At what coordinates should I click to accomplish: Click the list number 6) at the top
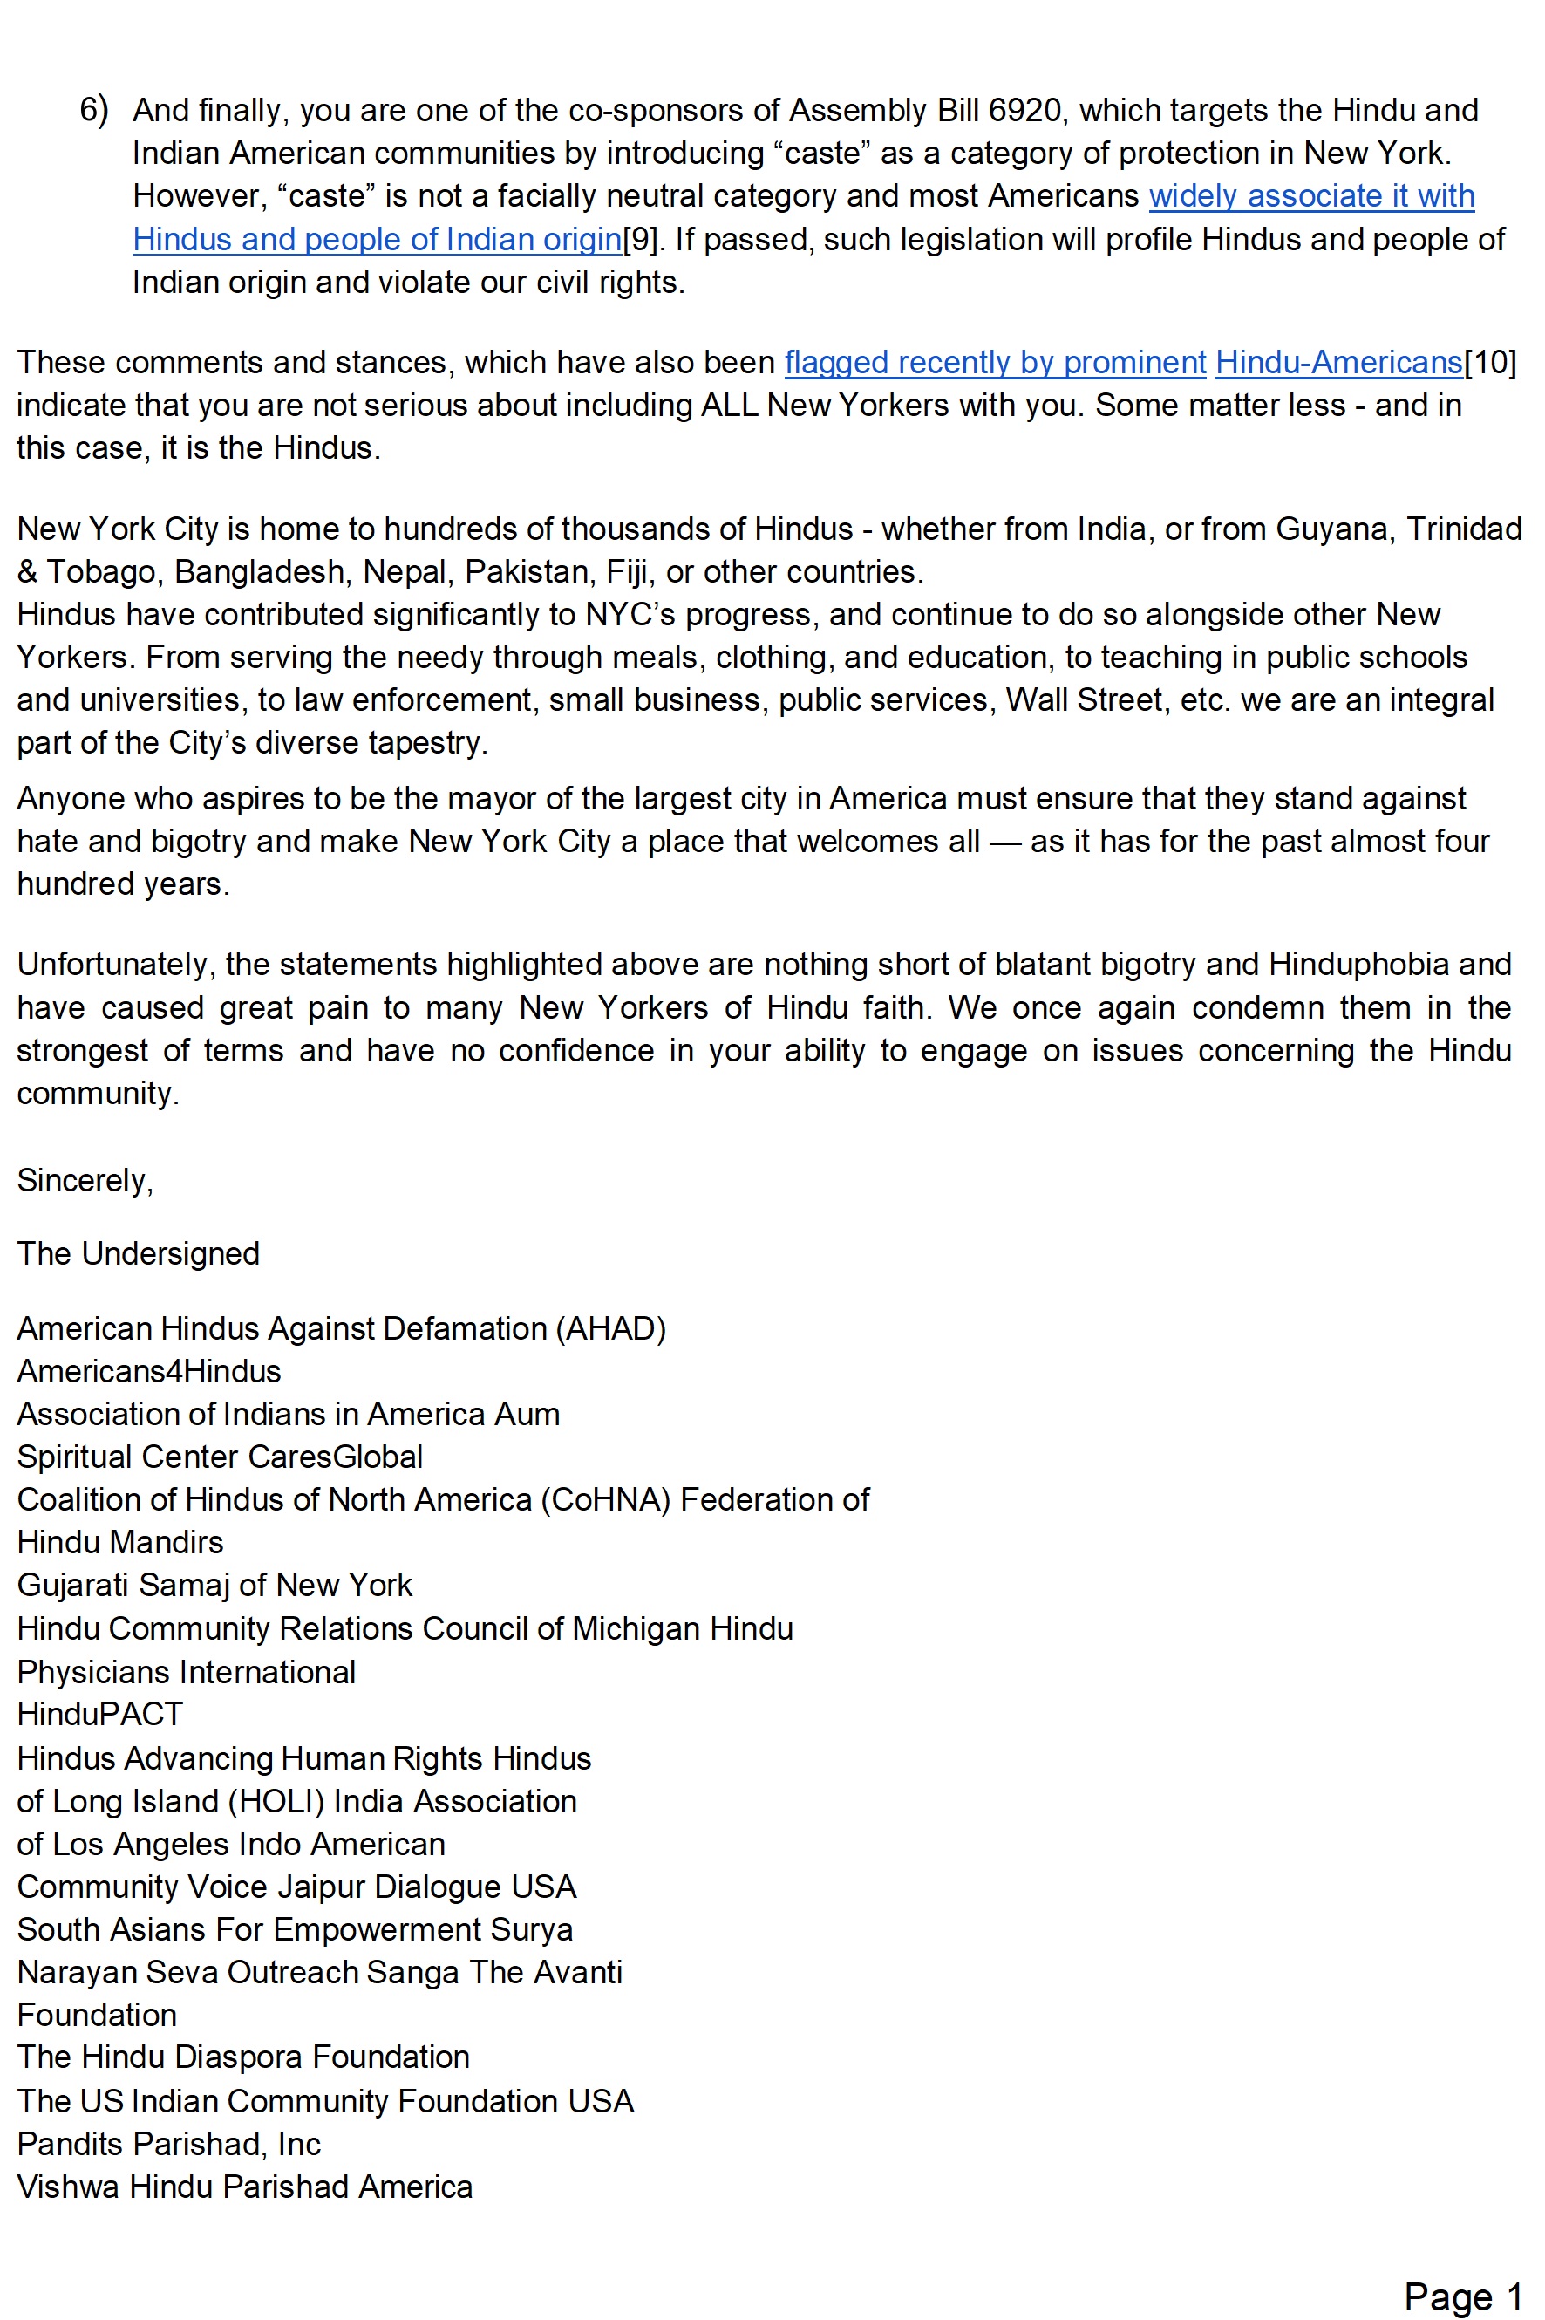[93, 109]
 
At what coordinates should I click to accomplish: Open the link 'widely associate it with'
[1310, 195]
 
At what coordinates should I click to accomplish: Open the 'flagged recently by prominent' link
[994, 362]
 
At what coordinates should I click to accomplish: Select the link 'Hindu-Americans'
[1338, 362]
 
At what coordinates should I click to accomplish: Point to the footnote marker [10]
[1490, 362]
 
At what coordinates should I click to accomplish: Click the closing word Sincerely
[84, 1180]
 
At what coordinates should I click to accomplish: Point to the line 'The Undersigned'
[138, 1252]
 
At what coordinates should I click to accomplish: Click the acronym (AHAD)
[611, 1327]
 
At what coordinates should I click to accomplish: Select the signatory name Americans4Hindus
[149, 1371]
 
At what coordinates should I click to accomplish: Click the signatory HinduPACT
[99, 1714]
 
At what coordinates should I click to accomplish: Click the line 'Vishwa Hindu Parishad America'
[244, 2186]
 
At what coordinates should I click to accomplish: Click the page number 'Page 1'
[1462, 2296]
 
